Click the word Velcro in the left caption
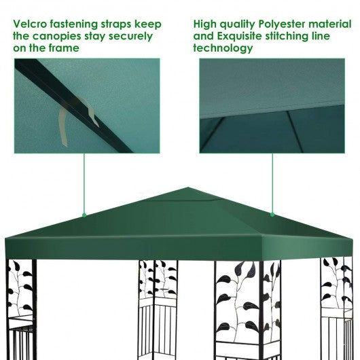click(x=29, y=24)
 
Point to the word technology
click(x=223, y=48)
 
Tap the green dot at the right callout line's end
click(x=272, y=214)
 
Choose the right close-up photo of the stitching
click(x=272, y=105)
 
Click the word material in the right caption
click(x=331, y=24)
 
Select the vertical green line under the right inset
click(x=272, y=183)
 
